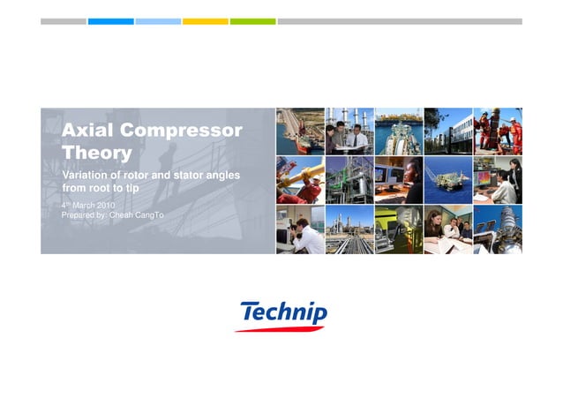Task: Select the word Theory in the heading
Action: point(97,153)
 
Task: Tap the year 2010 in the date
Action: point(105,205)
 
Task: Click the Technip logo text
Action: point(283,312)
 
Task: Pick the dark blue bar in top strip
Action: point(110,21)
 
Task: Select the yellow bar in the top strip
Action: point(205,21)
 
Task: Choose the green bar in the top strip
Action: point(252,21)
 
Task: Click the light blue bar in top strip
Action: point(158,21)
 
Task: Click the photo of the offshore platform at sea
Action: point(447,180)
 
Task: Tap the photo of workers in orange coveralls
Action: point(497,131)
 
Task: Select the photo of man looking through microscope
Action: point(299,229)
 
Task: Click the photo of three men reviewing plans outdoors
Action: point(349,131)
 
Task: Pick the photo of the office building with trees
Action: point(447,131)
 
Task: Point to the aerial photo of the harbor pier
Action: point(299,131)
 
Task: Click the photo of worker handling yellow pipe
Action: point(299,180)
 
